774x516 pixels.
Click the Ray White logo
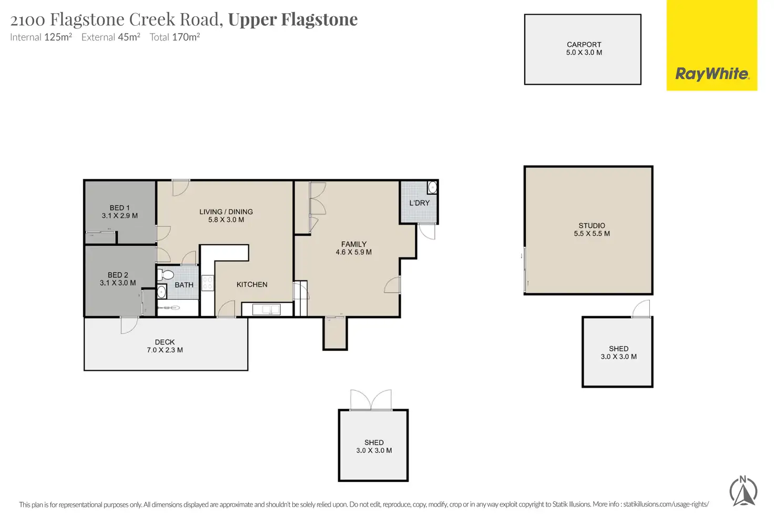(x=711, y=74)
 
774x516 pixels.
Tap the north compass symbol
(x=743, y=491)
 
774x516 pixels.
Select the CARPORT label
(x=584, y=45)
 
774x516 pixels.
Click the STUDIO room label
(x=592, y=226)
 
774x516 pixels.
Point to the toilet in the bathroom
(x=166, y=275)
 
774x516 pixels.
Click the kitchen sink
(x=266, y=309)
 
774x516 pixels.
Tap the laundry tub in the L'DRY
(x=432, y=187)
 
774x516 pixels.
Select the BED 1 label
(x=119, y=208)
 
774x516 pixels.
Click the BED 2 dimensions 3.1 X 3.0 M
(x=118, y=283)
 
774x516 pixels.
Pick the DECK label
(x=165, y=342)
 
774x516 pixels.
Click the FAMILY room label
(x=353, y=244)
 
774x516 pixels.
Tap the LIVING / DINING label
(x=226, y=212)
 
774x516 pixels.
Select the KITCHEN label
(x=252, y=285)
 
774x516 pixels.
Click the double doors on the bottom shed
(x=371, y=401)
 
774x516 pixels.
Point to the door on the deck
(x=128, y=326)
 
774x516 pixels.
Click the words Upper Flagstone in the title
(x=293, y=19)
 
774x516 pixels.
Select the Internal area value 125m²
(x=58, y=37)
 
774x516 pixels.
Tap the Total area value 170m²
(x=186, y=37)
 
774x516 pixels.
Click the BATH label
(x=184, y=285)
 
